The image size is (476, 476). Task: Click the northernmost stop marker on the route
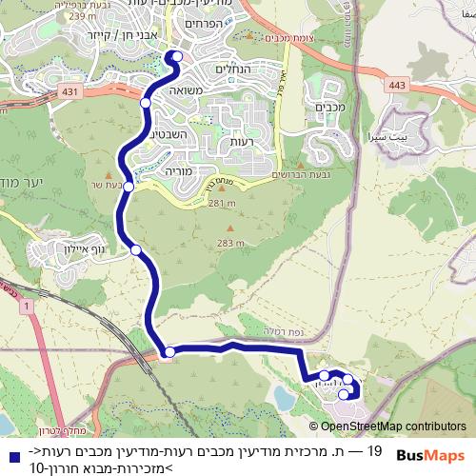click(x=176, y=57)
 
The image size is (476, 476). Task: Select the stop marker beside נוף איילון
click(x=136, y=250)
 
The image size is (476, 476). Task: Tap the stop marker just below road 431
click(x=146, y=103)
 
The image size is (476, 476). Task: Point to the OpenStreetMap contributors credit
click(x=392, y=426)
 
